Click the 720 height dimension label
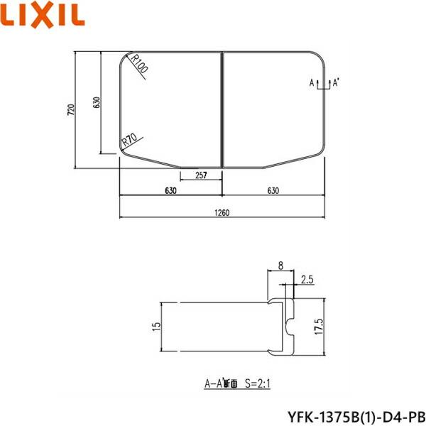click(x=70, y=109)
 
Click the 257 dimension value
click(x=201, y=175)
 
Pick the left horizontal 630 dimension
click(x=170, y=190)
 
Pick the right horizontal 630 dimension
click(x=274, y=190)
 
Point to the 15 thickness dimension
click(x=156, y=326)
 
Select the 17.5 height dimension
click(x=319, y=327)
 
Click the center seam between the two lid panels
click(x=223, y=109)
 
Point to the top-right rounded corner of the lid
click(x=317, y=60)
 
